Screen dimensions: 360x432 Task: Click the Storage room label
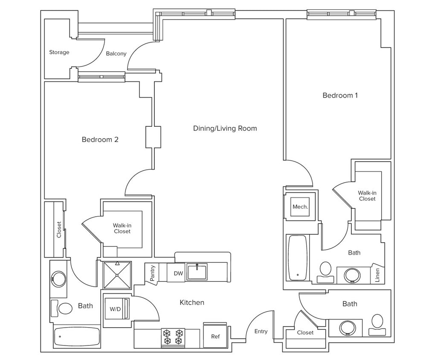point(59,52)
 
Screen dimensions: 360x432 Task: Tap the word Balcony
point(116,54)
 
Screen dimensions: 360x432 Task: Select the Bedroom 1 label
point(340,96)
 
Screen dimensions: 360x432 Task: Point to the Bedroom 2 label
point(100,139)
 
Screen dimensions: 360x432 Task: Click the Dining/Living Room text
point(225,128)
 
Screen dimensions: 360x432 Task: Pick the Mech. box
point(300,207)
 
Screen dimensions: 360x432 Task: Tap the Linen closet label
point(377,275)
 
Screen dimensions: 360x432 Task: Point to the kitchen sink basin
point(197,272)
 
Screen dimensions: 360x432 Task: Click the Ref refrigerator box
point(216,336)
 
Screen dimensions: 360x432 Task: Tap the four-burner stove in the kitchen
point(172,336)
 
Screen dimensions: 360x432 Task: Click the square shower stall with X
point(117,275)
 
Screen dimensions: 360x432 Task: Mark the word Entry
point(261,331)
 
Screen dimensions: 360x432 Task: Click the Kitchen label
point(191,302)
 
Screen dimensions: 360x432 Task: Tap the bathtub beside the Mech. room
point(297,258)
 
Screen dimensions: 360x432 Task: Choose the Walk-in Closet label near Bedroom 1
point(367,196)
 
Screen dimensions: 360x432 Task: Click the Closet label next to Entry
point(305,333)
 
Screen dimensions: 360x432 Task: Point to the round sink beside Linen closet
point(352,275)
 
